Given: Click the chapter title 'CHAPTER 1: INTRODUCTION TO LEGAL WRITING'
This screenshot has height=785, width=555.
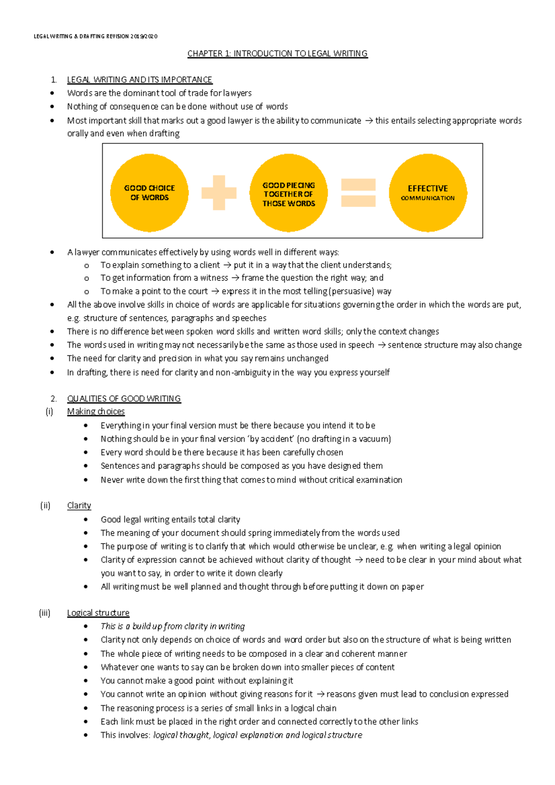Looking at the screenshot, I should point(277,54).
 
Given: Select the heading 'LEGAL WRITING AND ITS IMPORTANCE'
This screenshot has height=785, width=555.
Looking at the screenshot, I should point(139,80).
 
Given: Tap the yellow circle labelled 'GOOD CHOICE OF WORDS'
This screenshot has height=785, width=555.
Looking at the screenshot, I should point(149,193).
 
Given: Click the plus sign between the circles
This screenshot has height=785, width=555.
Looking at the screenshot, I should point(219,192).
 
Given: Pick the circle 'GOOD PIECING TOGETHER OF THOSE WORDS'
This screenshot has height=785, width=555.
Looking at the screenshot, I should point(289,193).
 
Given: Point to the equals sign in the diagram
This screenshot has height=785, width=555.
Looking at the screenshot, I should point(358,193).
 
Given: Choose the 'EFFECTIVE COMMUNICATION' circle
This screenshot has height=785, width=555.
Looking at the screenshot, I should point(428,193).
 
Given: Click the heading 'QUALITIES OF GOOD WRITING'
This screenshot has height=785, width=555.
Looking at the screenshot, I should point(124,399).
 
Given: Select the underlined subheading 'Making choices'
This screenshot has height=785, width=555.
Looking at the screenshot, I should point(96,411).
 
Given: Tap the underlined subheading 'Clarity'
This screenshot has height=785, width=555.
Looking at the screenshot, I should point(79,505).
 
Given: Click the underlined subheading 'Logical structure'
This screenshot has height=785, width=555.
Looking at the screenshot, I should point(98,613).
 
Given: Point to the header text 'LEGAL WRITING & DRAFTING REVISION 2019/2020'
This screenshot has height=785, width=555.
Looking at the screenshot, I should point(96,37).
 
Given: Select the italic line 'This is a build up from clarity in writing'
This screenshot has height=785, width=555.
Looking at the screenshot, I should point(173,626).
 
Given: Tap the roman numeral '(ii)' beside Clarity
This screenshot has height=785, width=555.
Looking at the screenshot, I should point(45,505).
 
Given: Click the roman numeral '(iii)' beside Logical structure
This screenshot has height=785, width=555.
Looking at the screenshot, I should point(44,613).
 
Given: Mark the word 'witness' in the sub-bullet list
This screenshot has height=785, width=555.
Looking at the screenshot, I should point(214,278).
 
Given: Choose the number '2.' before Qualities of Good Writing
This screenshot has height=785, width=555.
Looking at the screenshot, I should point(54,399).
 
